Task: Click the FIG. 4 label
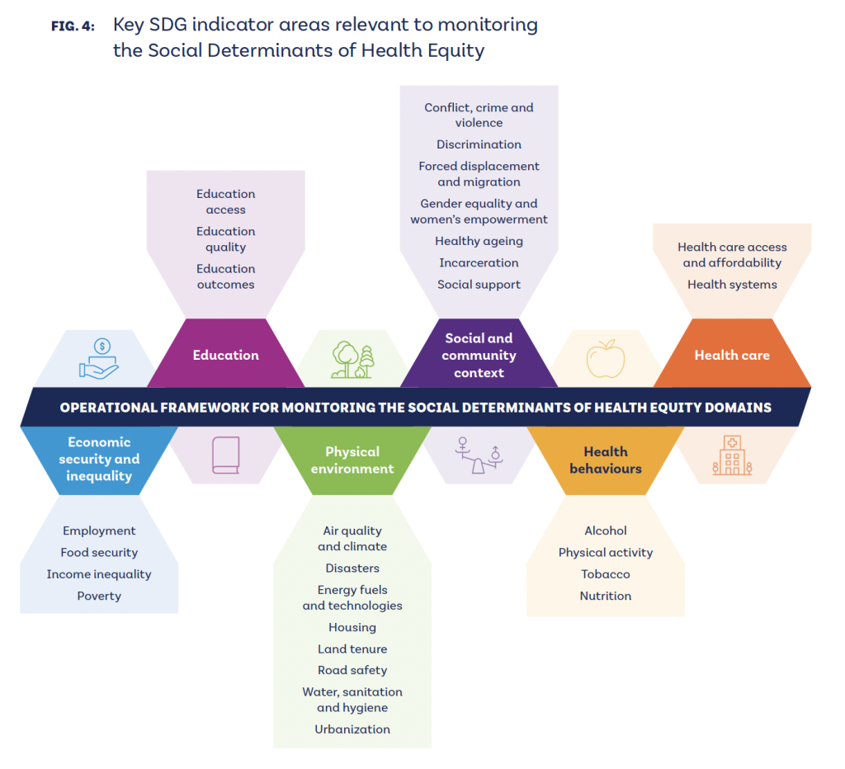73,26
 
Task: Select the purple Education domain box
225,355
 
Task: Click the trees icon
352,360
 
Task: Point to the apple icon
606,359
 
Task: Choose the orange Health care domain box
732,355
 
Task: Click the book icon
225,455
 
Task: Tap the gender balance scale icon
479,455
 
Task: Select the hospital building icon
732,455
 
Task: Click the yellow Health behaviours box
606,460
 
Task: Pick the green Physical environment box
352,460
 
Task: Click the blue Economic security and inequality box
99,459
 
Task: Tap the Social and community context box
479,355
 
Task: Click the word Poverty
99,596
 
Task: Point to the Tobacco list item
606,574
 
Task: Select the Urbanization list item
352,729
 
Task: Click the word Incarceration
479,263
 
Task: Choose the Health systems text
732,285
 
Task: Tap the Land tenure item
352,649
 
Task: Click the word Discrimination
479,144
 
